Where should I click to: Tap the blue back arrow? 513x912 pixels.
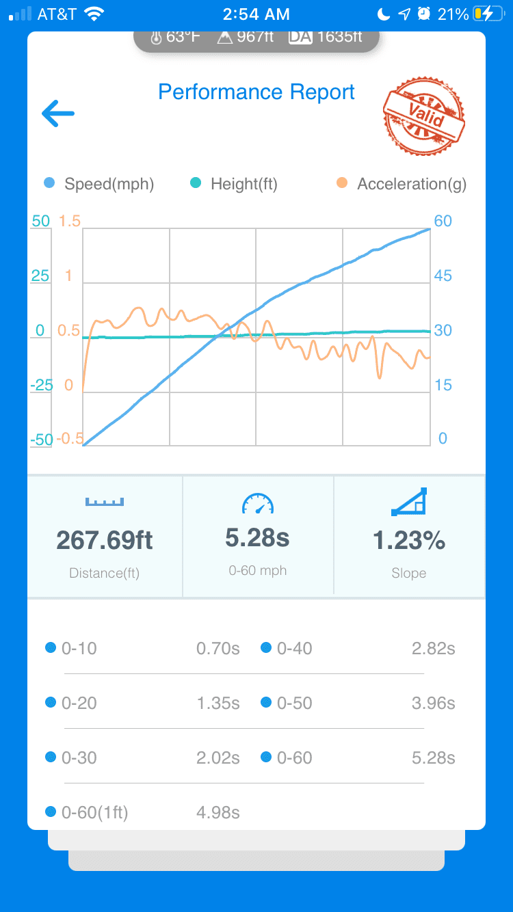tap(58, 113)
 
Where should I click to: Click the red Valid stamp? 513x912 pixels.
tap(424, 116)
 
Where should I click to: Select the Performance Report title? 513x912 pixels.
tap(256, 92)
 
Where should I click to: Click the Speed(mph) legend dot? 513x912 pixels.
tap(49, 183)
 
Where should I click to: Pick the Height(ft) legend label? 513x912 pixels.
tap(244, 184)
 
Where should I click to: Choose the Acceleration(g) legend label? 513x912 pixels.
tap(412, 184)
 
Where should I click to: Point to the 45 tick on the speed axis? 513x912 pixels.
tap(443, 276)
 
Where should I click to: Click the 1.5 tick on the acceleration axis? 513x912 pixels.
tap(70, 221)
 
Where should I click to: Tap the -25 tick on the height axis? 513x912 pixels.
tap(42, 385)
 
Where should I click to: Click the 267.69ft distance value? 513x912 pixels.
tap(105, 540)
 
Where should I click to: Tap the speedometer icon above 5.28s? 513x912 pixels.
tap(258, 504)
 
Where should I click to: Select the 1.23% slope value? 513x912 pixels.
tap(409, 540)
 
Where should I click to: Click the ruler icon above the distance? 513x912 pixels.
tap(105, 502)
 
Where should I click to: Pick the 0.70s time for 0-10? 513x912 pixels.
tap(218, 648)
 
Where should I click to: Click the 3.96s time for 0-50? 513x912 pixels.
tap(434, 703)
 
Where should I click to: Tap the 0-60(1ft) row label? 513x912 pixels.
tap(95, 813)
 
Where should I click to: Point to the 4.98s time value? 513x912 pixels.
tap(218, 813)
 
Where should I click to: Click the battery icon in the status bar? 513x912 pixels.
tap(489, 14)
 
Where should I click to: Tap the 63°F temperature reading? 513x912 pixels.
tap(175, 37)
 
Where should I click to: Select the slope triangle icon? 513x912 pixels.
tap(409, 502)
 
